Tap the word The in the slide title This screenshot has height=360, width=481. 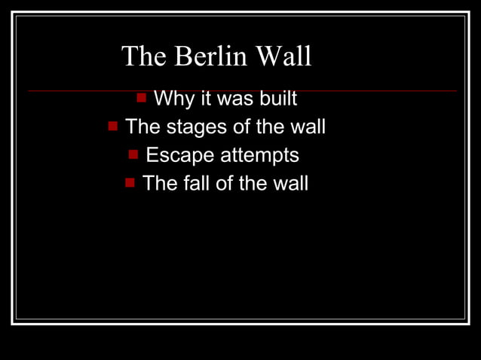coord(145,56)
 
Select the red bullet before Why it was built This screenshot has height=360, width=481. coord(141,97)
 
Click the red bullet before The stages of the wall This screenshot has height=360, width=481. coord(112,126)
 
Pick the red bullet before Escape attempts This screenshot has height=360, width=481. coord(133,154)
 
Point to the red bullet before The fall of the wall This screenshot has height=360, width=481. coord(130,182)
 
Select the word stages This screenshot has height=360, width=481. coord(196,127)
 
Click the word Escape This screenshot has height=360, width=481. coord(179,155)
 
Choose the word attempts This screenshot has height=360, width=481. coord(259,156)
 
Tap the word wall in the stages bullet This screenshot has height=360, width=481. coord(308,127)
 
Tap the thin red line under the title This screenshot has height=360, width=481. coord(377,91)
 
